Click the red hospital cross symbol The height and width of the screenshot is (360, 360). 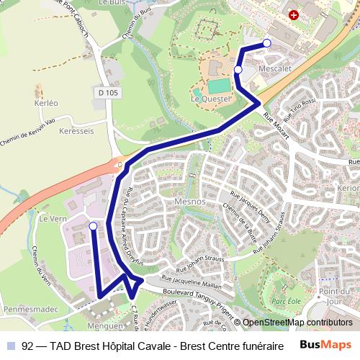click(x=292, y=14)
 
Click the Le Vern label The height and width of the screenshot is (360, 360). click(x=52, y=219)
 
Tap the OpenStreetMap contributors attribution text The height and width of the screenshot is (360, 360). click(x=297, y=323)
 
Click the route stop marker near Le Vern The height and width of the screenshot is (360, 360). click(x=93, y=226)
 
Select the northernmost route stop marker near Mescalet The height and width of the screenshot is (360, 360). click(x=267, y=43)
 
